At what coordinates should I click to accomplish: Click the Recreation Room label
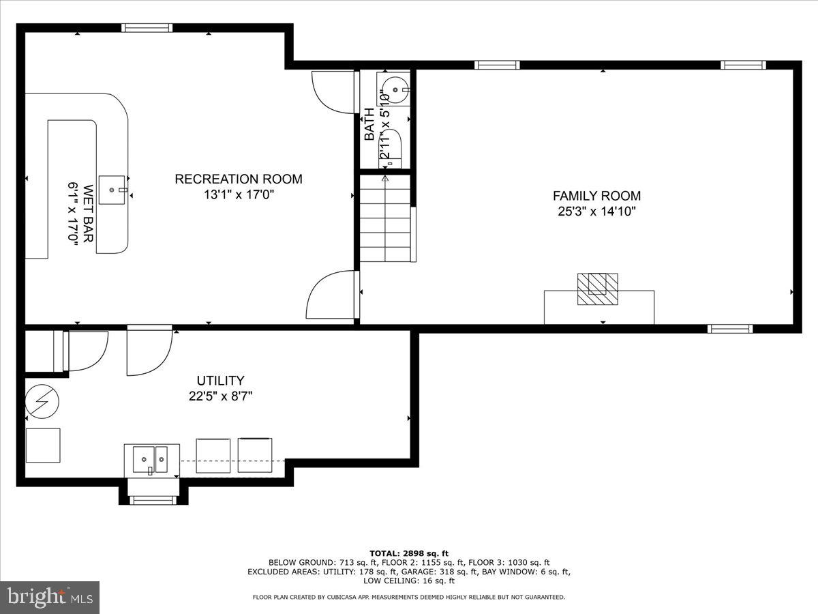coord(239,179)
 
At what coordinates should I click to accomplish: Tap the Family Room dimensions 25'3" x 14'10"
coord(596,211)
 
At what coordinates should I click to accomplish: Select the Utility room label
coord(220,381)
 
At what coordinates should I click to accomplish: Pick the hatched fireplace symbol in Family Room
coord(598,289)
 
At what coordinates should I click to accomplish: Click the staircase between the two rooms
coord(387,218)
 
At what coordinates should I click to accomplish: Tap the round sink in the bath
coord(395,88)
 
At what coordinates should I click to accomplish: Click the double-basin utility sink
coord(151,460)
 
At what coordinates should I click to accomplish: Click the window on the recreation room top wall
coord(147,28)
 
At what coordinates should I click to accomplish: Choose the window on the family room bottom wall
coord(730,329)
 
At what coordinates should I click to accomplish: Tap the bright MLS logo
coord(50,598)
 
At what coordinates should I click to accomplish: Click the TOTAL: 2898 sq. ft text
coord(408,553)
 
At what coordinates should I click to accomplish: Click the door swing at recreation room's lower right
coord(331,295)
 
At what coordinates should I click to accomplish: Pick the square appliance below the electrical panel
coord(43,445)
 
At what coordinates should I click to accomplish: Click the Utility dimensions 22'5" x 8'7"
coord(220,396)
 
